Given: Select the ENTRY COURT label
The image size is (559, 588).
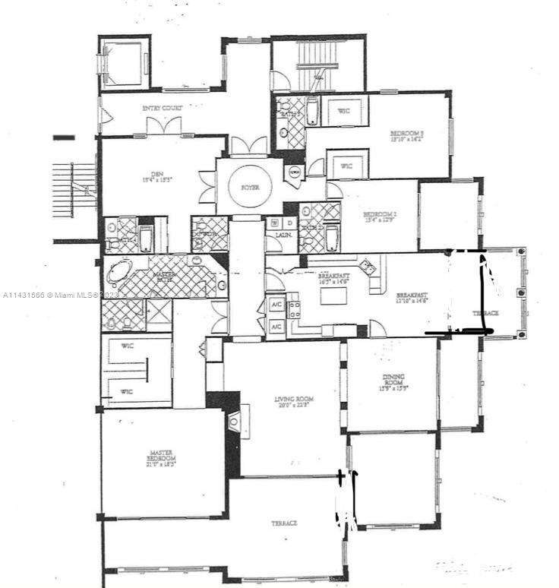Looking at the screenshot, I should (163, 109).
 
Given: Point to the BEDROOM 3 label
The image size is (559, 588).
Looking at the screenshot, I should (407, 134).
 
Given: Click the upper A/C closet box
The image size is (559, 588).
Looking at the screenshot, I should (276, 306).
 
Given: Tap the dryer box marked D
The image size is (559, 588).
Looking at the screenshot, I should (288, 223).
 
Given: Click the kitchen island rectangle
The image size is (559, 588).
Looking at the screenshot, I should (333, 295).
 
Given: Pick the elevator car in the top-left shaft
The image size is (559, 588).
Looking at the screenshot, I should (122, 63).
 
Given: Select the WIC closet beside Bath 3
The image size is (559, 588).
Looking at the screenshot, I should (344, 111).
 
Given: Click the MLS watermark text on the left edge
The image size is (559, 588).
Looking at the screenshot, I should (61, 295).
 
